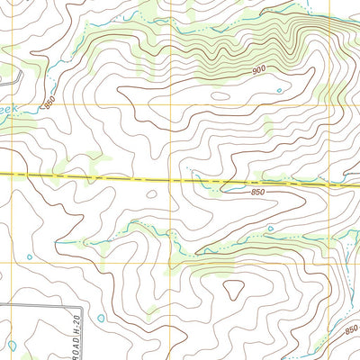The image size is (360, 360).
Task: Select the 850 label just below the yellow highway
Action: [257, 192]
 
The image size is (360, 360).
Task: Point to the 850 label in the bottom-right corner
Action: [350, 329]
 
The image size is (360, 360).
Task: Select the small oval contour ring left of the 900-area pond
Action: [219, 95]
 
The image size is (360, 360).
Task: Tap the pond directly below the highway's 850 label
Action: [269, 229]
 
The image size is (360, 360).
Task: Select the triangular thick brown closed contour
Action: [234, 289]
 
